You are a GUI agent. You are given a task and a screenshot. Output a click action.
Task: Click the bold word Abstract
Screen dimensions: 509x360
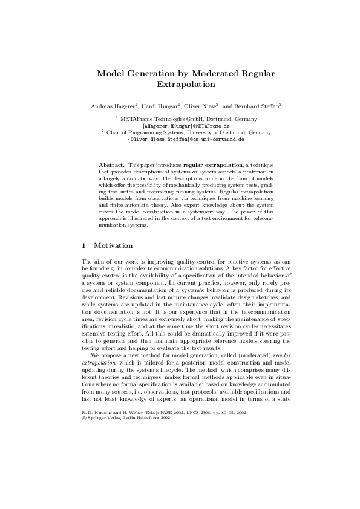[111, 164]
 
